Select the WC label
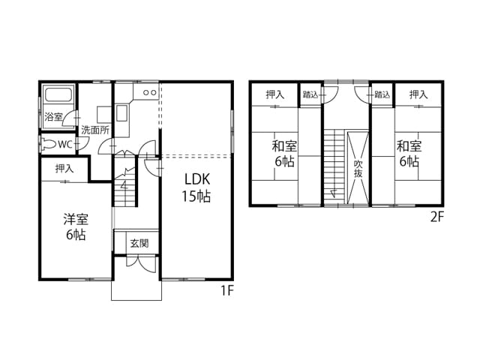(x=65, y=145)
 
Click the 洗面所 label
(x=95, y=130)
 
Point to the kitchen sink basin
(x=121, y=113)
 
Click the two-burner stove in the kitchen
(x=150, y=92)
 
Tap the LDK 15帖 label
(x=196, y=187)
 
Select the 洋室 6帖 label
(x=76, y=226)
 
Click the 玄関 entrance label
(x=139, y=243)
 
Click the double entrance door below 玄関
(x=141, y=265)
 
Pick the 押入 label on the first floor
(x=64, y=168)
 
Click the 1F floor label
(x=227, y=290)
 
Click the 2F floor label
(x=436, y=217)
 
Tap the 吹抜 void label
(x=358, y=169)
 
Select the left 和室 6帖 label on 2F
(x=284, y=154)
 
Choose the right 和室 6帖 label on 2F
(x=409, y=154)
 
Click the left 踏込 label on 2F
(x=310, y=94)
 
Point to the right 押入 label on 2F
(x=418, y=94)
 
